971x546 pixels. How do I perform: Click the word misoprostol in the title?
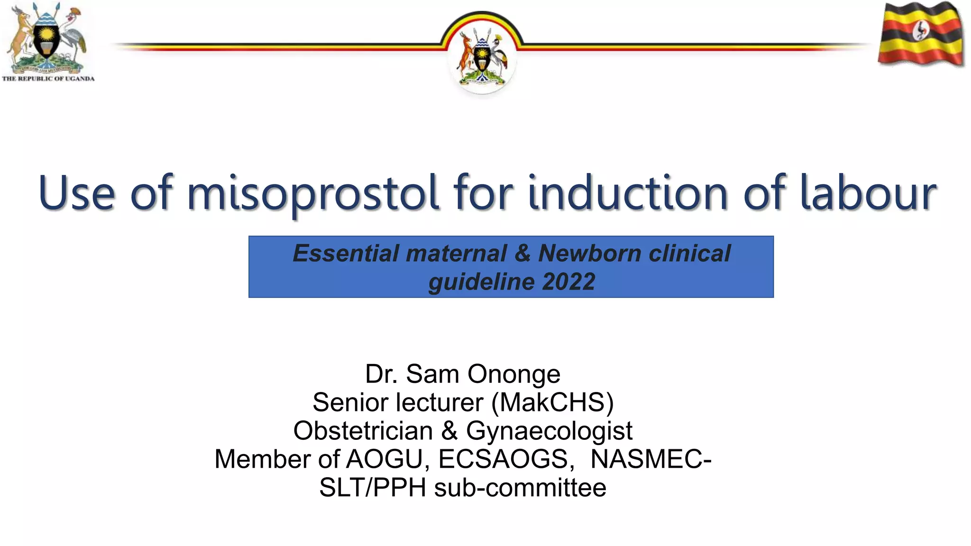tap(313, 193)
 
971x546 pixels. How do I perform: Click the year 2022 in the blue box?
tap(568, 282)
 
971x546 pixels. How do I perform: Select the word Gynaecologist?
tap(549, 431)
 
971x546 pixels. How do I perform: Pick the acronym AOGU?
tap(384, 459)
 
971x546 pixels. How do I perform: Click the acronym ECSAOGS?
tap(503, 459)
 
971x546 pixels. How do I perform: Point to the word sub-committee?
tap(520, 488)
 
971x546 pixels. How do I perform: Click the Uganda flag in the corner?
tap(921, 34)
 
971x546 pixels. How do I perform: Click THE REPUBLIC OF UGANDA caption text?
tap(48, 79)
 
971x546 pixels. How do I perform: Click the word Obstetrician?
tap(363, 431)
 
